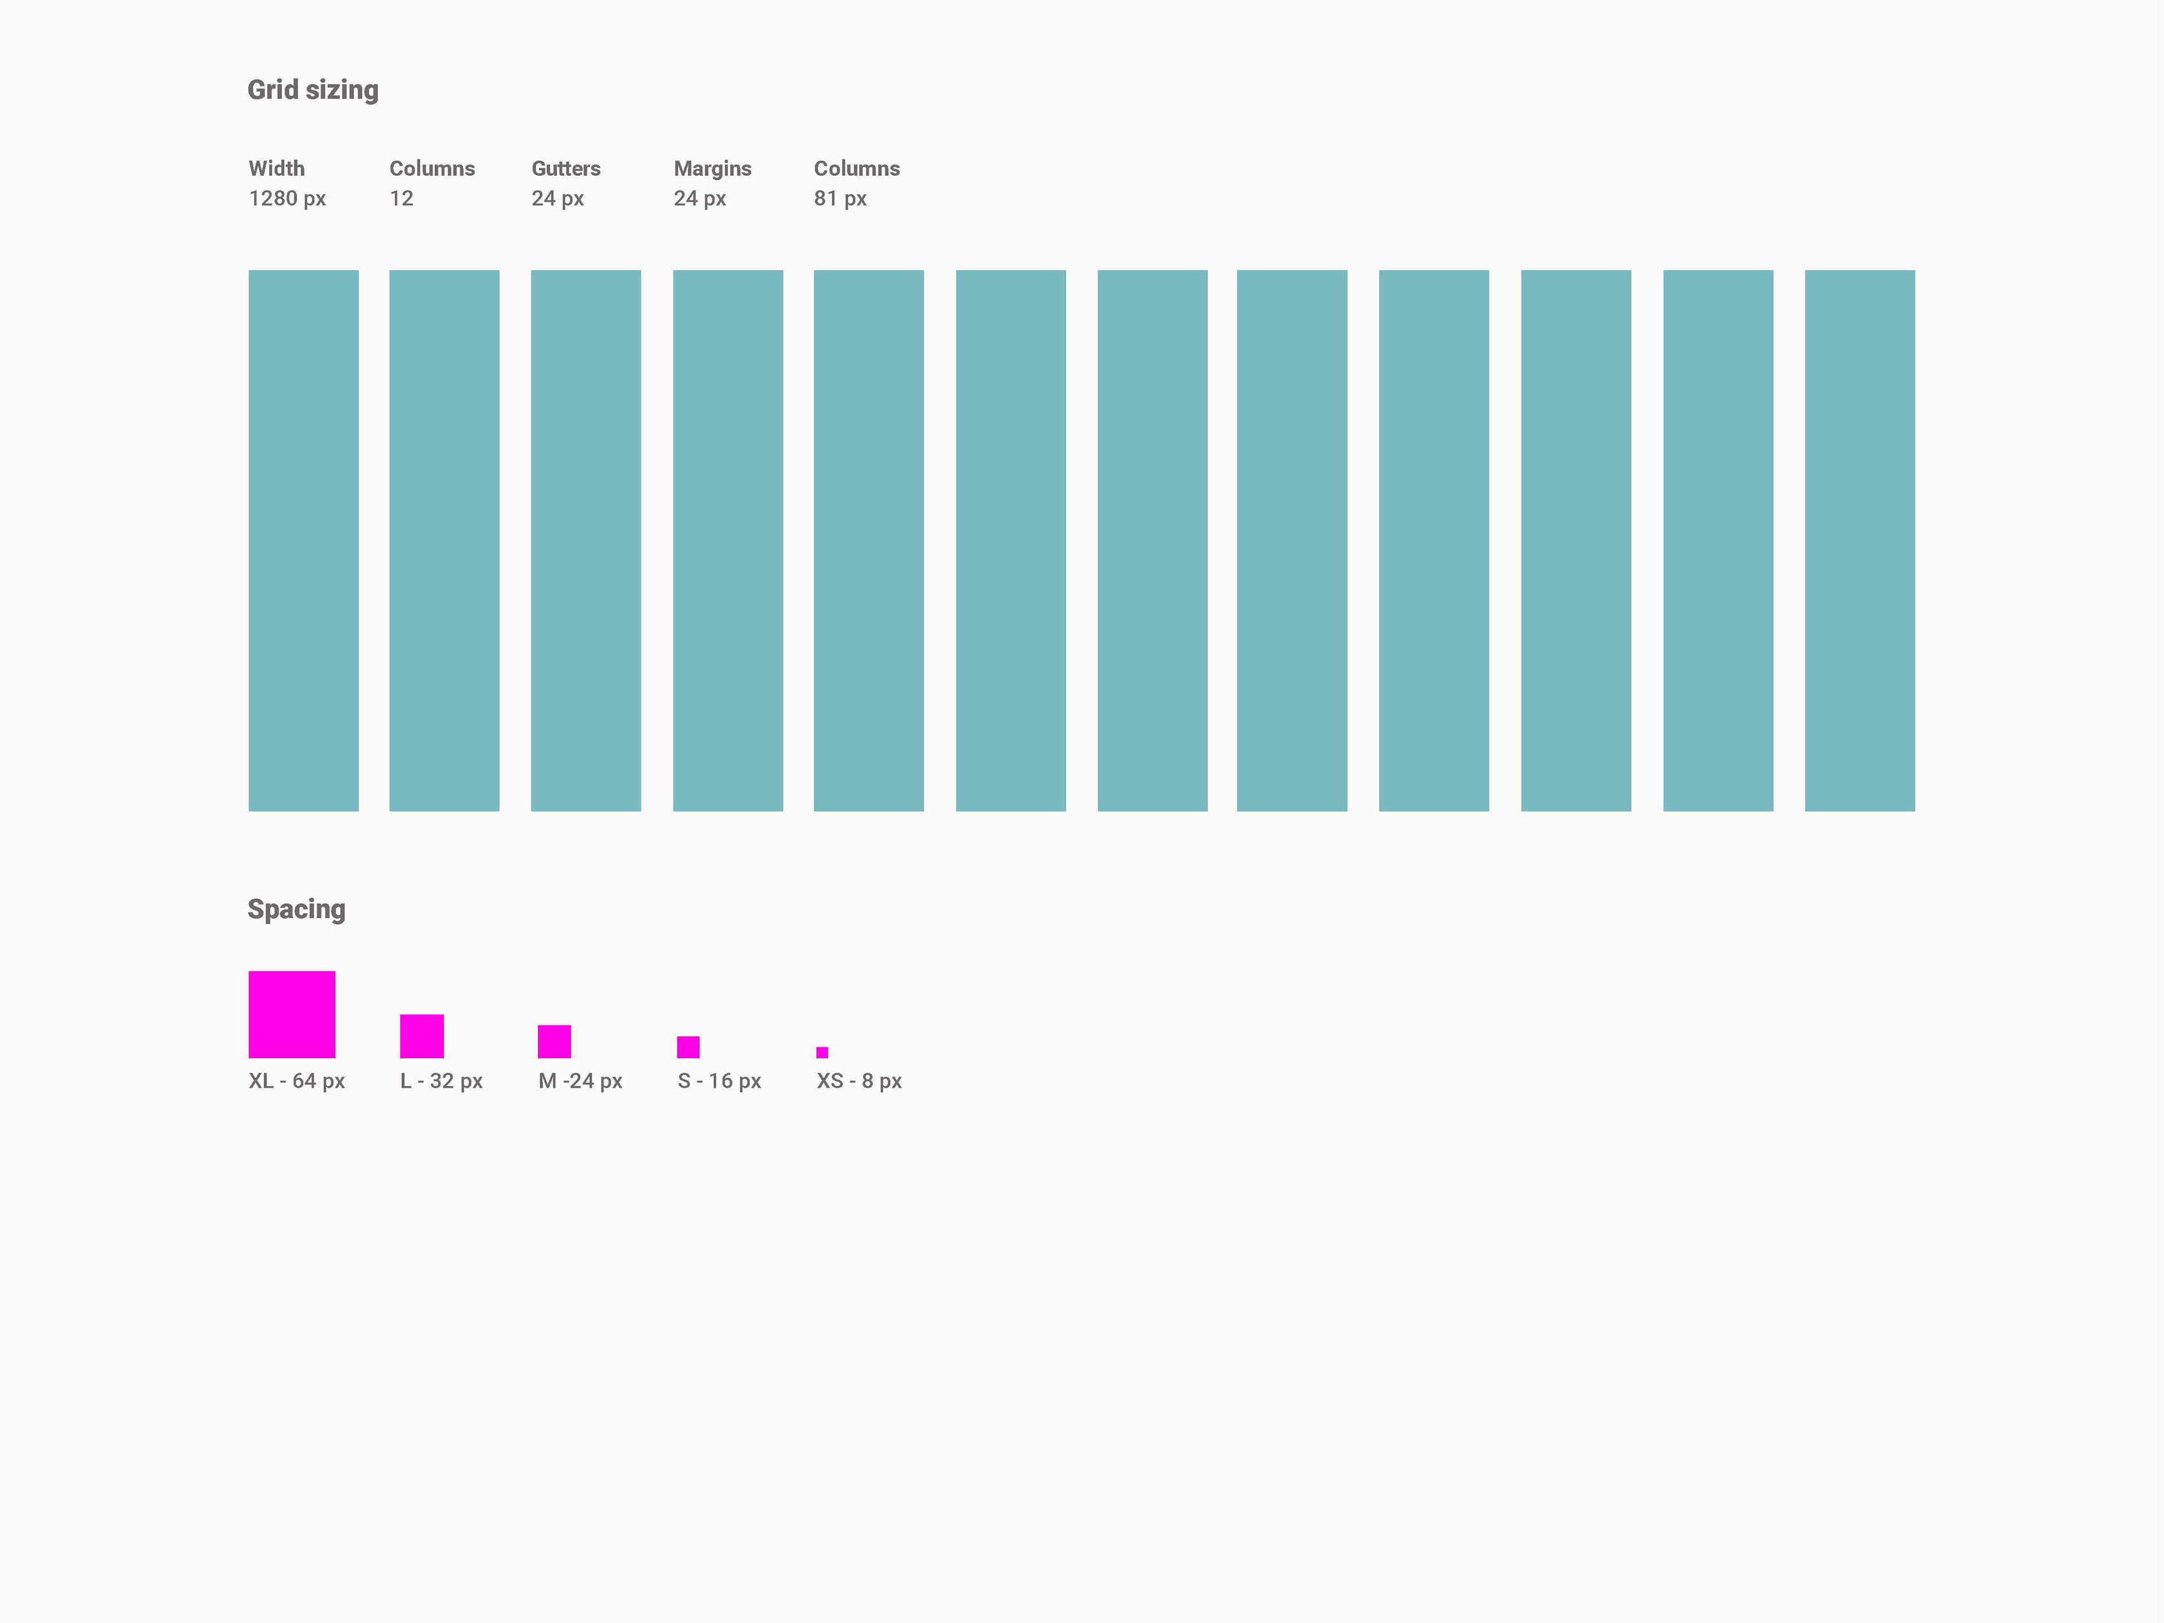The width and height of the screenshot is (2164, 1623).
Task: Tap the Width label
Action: [x=276, y=168]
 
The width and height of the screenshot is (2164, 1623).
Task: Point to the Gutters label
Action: [x=565, y=168]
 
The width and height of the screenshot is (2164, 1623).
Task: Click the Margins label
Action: [x=712, y=168]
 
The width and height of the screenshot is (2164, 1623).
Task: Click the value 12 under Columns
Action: [x=401, y=198]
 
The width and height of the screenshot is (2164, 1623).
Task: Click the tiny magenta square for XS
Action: [x=822, y=1053]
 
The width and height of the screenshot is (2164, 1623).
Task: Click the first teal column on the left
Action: [x=303, y=540]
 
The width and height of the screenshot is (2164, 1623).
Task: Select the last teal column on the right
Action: [x=1859, y=540]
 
